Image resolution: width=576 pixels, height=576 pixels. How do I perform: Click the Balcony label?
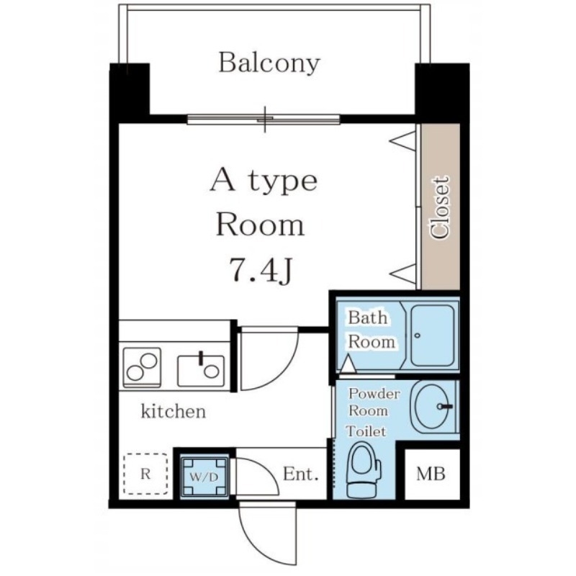pos(269,63)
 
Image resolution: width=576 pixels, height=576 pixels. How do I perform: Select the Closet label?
pos(441,208)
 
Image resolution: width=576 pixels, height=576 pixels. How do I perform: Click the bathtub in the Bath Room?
pos(432,335)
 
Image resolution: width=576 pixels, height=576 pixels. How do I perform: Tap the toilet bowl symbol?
pos(364,469)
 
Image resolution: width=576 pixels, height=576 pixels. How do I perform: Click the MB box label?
pos(431,474)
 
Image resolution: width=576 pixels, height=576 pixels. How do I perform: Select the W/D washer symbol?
pos(204,477)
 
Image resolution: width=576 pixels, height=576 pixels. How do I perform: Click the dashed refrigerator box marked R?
pos(145,474)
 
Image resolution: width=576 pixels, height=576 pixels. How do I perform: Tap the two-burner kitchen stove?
pos(142,368)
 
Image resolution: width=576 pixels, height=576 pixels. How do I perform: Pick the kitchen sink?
pos(201,371)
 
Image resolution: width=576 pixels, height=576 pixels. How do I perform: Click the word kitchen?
pos(174,411)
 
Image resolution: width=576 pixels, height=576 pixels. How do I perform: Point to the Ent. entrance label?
pos(300,474)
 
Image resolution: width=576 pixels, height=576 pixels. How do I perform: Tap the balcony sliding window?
pos(264,120)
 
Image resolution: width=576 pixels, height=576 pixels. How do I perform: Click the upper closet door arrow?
pos(402,140)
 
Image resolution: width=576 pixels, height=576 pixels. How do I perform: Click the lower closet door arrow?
pos(402,274)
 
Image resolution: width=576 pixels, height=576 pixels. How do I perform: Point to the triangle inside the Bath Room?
pos(348,364)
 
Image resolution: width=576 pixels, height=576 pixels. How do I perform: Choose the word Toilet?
pos(366,431)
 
